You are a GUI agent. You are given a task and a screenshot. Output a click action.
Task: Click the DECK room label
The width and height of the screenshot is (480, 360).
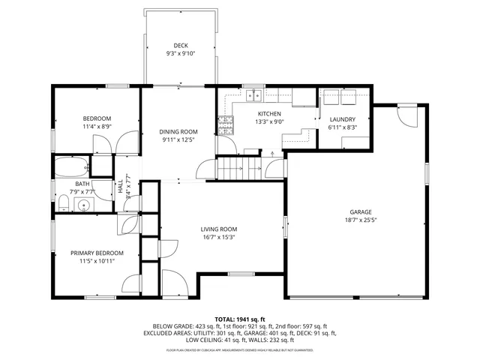[x=181, y=46]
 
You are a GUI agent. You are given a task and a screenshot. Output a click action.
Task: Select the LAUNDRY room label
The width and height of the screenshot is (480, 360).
[x=342, y=119]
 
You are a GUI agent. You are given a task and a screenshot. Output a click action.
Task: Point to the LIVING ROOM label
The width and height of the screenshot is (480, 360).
[x=218, y=229]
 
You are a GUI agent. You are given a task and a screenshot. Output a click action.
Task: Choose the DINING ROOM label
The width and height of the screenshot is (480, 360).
[x=178, y=131]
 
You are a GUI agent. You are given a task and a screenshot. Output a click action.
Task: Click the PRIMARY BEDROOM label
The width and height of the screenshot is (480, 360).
[x=97, y=253]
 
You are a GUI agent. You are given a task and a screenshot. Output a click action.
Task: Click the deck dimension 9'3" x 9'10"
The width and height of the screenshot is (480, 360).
[x=181, y=54]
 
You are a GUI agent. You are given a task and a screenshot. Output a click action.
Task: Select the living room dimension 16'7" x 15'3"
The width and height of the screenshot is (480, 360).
[x=218, y=237]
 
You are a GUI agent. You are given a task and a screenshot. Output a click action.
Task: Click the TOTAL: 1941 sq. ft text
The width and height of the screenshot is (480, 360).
[x=240, y=319]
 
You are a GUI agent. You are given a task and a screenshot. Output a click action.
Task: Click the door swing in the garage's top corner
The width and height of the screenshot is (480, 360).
[x=406, y=117]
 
